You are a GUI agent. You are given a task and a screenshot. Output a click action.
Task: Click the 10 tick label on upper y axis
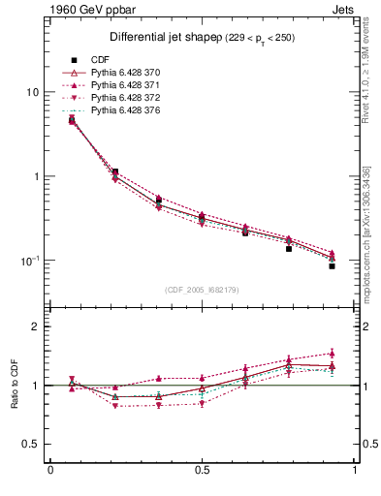[32, 92]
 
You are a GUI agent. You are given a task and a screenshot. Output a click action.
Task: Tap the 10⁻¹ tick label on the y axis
[30, 261]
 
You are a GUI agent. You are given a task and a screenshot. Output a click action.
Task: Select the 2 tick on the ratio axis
[35, 326]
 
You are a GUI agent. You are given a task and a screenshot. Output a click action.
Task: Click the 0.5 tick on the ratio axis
[30, 444]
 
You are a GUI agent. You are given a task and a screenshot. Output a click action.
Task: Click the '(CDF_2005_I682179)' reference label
[202, 290]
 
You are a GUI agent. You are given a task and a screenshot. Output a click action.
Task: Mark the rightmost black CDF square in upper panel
[332, 265]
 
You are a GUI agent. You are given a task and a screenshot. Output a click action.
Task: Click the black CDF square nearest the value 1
[115, 171]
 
